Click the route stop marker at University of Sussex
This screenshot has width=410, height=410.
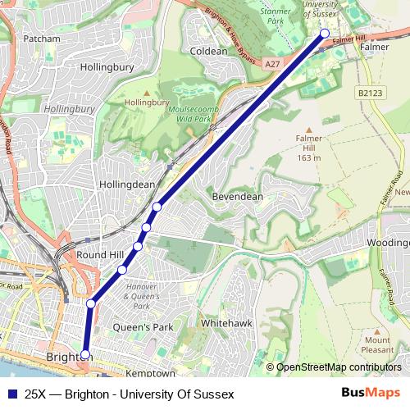pos(325,34)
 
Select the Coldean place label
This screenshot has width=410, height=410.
pos(208,51)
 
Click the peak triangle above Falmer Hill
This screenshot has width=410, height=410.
pos(310,130)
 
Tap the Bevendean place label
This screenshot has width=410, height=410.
pos(236,198)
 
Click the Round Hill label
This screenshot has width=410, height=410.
pos(99,255)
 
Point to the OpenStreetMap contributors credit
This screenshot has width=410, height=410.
pos(337,367)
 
